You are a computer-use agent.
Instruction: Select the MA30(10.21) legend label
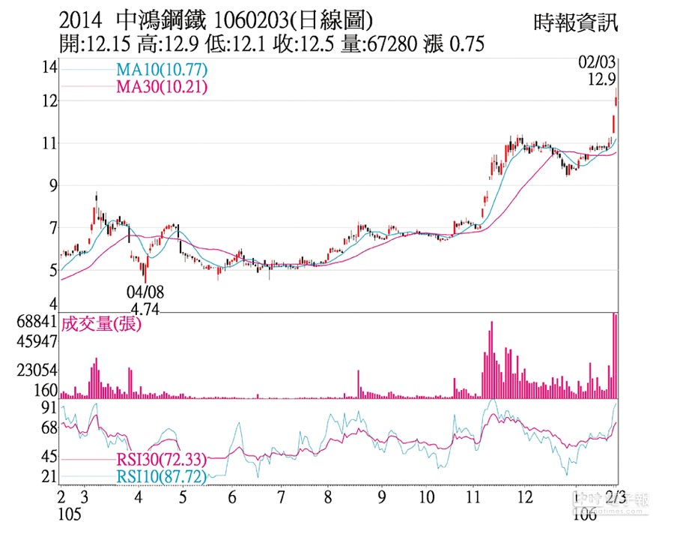pyautogui.click(x=161, y=87)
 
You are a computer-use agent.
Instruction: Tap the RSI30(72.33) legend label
pyautogui.click(x=161, y=460)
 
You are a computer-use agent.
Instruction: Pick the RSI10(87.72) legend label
pyautogui.click(x=161, y=476)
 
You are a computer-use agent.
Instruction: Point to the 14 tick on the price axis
pyautogui.click(x=49, y=68)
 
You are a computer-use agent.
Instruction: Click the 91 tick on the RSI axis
pyautogui.click(x=49, y=407)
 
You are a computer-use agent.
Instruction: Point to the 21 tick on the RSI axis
pyautogui.click(x=49, y=477)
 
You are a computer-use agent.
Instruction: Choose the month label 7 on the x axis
pyautogui.click(x=282, y=497)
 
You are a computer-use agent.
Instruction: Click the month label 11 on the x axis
pyautogui.click(x=473, y=497)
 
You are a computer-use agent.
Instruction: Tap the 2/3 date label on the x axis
pyautogui.click(x=616, y=497)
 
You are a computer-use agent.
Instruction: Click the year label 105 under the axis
pyautogui.click(x=68, y=514)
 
